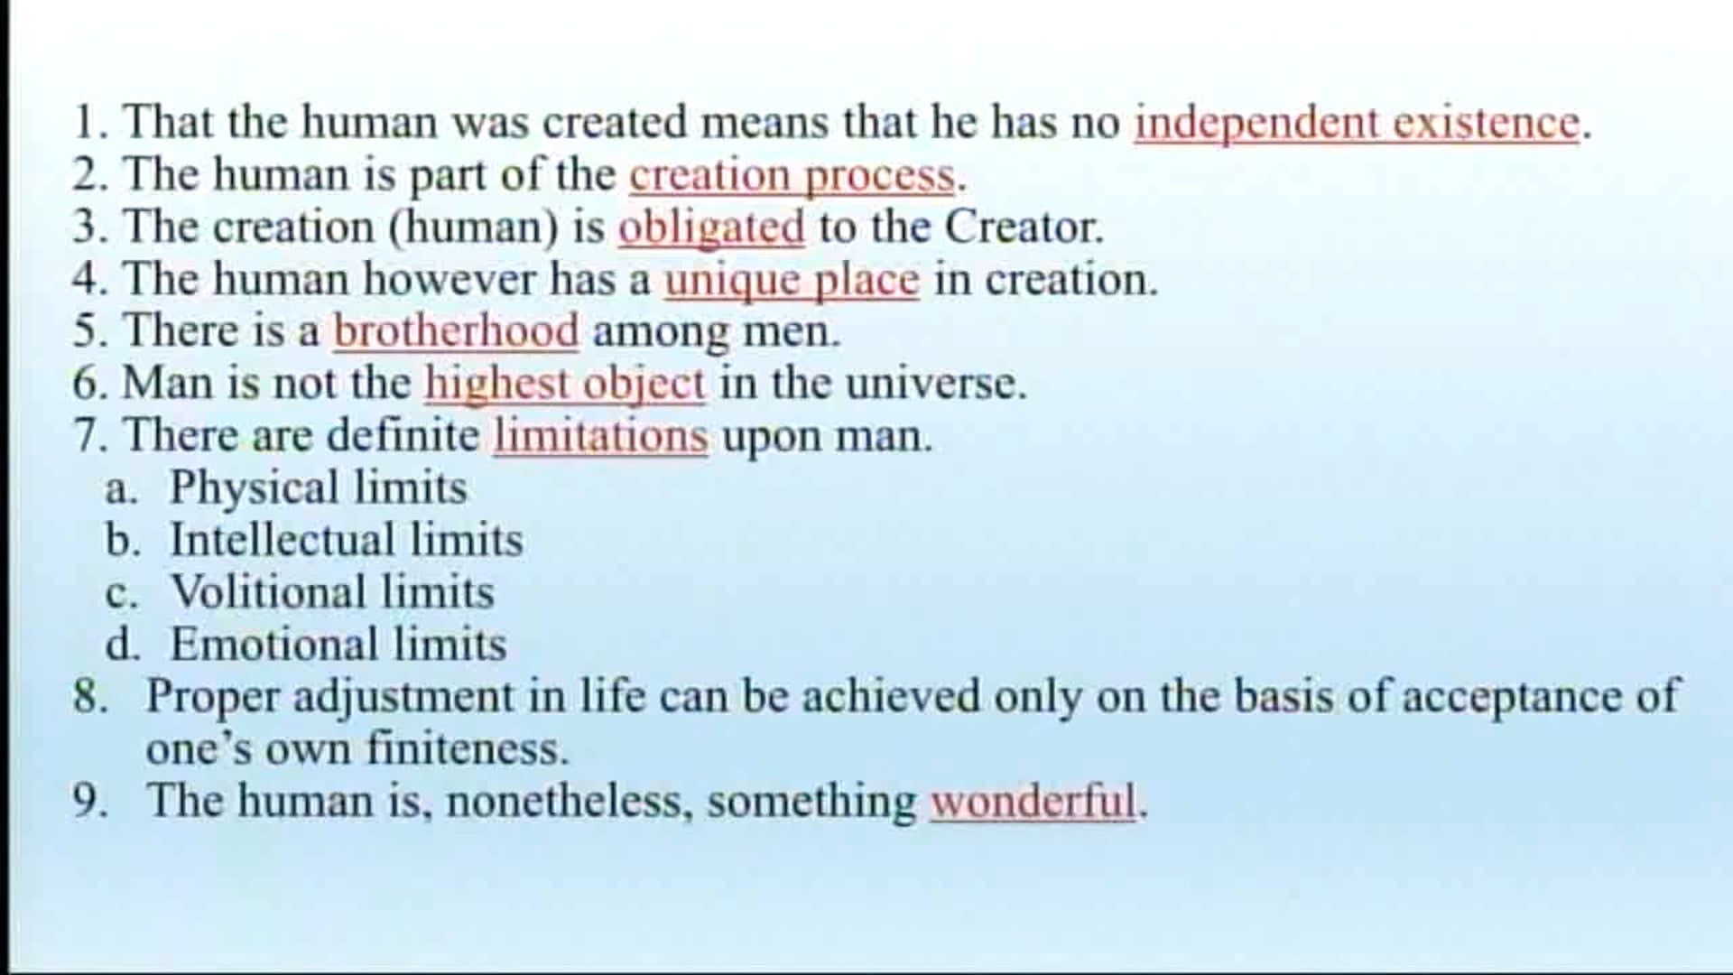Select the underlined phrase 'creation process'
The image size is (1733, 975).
pyautogui.click(x=792, y=175)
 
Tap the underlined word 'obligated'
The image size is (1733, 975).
pyautogui.click(x=711, y=227)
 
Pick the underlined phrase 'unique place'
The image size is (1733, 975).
pyautogui.click(x=792, y=280)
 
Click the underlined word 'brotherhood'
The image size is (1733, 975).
pyautogui.click(x=456, y=331)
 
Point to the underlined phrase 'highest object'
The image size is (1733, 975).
pyautogui.click(x=564, y=384)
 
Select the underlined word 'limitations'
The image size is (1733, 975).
pyautogui.click(x=600, y=436)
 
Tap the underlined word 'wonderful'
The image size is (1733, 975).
pyautogui.click(x=1033, y=802)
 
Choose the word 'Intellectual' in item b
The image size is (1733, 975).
pyautogui.click(x=282, y=541)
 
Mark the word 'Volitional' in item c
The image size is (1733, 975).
pyautogui.click(x=268, y=593)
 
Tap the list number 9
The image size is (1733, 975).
pyautogui.click(x=89, y=802)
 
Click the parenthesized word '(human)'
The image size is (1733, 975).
pyautogui.click(x=474, y=227)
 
